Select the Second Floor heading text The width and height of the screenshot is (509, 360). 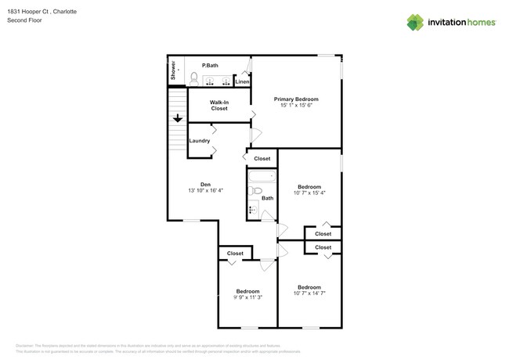[x=26, y=20]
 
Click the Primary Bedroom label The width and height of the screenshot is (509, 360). [x=296, y=99]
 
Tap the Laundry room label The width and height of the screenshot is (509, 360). [x=200, y=141]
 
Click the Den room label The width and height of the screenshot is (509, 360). [x=205, y=184]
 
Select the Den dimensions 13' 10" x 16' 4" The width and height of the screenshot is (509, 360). [x=205, y=191]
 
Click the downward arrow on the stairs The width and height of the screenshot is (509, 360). [x=178, y=118]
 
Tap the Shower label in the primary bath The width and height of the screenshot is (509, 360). [x=173, y=71]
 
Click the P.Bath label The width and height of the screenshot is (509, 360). [x=210, y=66]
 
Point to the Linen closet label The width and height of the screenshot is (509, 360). [x=242, y=81]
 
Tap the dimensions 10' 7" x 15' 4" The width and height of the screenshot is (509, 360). [x=309, y=193]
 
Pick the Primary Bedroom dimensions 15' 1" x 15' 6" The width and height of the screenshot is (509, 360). [x=296, y=106]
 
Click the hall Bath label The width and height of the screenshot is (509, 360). [x=267, y=198]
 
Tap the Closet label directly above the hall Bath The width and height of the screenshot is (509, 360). [x=262, y=158]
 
